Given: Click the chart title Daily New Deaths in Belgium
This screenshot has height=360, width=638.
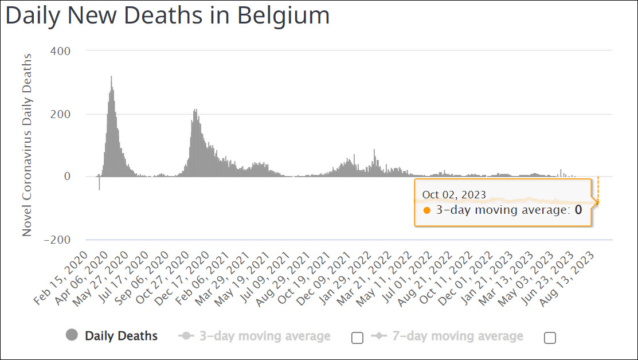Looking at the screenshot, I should (167, 15).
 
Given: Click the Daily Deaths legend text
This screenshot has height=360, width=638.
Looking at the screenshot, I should (121, 336).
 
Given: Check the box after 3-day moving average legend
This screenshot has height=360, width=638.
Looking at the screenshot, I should (357, 338).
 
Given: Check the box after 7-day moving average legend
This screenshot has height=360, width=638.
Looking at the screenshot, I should (550, 338).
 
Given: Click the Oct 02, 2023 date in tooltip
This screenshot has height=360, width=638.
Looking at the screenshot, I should (454, 195).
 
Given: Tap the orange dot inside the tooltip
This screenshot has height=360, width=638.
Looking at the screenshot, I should (426, 210).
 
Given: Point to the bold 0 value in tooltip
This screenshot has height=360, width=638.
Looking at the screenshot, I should (578, 210).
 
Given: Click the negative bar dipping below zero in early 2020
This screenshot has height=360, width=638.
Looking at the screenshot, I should (99, 183).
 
